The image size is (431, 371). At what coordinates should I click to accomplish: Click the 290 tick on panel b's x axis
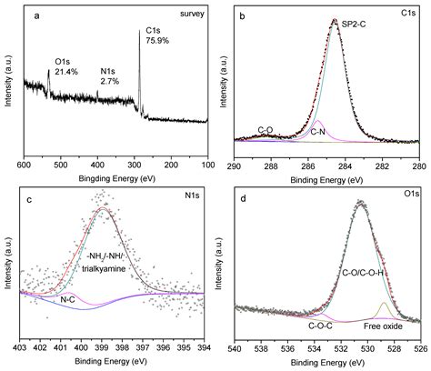point(235,155)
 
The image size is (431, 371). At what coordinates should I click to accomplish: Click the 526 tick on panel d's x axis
point(419,346)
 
